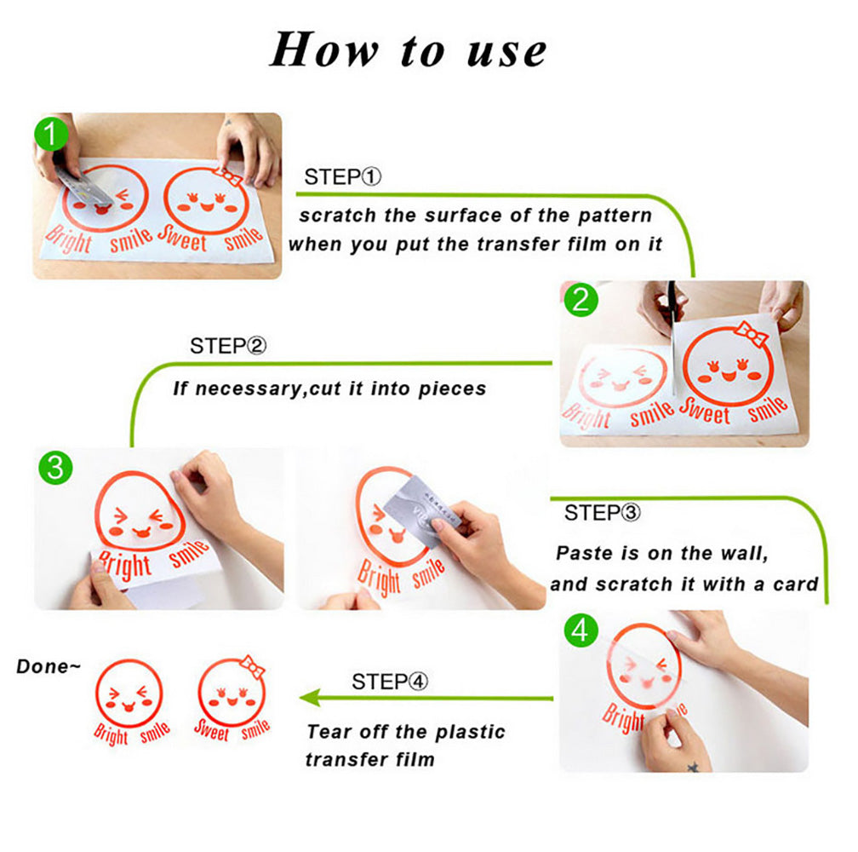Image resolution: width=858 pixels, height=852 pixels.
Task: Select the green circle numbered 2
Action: pos(581,301)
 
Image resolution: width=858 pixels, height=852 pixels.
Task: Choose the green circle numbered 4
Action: pos(580,631)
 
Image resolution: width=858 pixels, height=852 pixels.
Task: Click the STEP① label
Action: pos(343,177)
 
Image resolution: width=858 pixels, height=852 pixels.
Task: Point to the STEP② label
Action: pos(228,346)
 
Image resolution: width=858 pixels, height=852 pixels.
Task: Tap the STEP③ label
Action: pos(603,513)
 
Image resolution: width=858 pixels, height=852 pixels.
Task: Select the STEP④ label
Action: pos(391,682)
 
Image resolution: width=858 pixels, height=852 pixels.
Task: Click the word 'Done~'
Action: pos(49,666)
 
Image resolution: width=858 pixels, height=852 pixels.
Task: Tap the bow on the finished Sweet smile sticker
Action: pos(253,665)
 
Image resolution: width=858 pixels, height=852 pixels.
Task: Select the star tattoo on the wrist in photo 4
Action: pos(692,766)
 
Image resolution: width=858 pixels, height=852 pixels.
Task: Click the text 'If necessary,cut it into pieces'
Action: pos(329,389)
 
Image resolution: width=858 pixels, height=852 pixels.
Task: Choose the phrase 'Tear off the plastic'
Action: pos(405,732)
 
